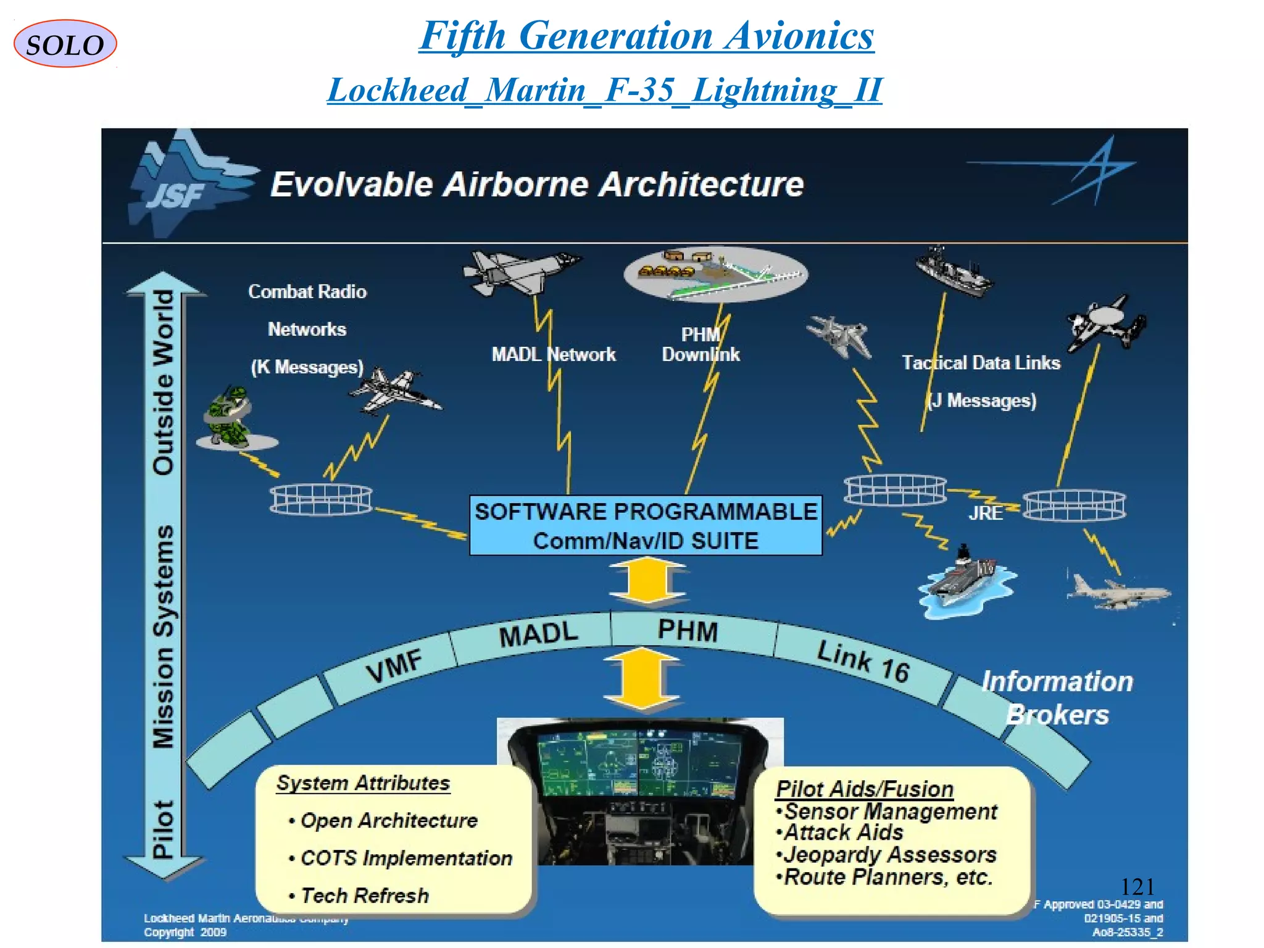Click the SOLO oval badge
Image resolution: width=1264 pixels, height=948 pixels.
(x=65, y=44)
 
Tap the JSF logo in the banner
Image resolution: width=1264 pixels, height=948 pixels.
(x=185, y=183)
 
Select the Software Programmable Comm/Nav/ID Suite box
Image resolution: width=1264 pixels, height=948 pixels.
(x=646, y=525)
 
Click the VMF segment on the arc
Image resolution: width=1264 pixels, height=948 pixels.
(x=394, y=666)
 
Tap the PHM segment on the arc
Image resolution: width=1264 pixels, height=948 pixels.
(x=688, y=631)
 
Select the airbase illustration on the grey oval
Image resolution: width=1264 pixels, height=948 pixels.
(x=715, y=273)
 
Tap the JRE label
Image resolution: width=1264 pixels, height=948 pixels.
(x=985, y=513)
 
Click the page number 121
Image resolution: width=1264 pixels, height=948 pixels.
(x=1137, y=887)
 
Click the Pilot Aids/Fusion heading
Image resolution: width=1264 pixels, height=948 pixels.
(x=864, y=789)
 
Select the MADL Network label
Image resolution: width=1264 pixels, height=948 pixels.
(x=553, y=354)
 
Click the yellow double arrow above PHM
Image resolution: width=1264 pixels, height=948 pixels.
(x=647, y=580)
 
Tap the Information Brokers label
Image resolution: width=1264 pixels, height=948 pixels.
(x=1057, y=698)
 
